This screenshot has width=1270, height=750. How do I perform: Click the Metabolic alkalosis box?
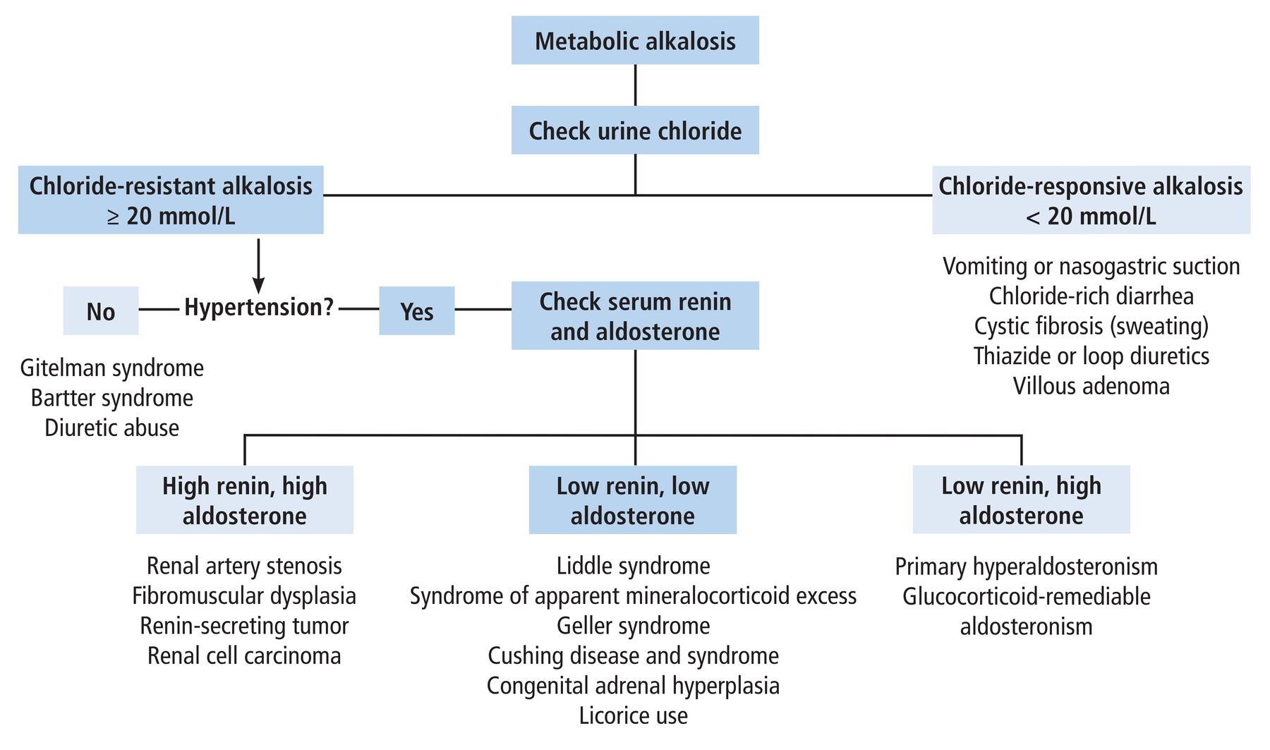(635, 40)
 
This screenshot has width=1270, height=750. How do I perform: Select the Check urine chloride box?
(635, 130)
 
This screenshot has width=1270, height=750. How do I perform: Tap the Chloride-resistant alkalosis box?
(171, 200)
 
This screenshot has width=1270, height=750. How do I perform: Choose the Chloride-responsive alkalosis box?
(1091, 200)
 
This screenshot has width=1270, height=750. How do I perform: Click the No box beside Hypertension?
(101, 310)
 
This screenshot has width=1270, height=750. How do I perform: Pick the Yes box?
(417, 310)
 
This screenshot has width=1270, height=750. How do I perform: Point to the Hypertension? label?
(259, 308)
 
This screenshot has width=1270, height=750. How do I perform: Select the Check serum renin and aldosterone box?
(635, 315)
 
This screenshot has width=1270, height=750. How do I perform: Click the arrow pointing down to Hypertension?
(258, 266)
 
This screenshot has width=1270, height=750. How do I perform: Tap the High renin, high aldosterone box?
(245, 500)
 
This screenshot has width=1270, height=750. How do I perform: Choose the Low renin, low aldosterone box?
(633, 500)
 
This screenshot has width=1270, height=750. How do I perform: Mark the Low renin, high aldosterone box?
(1022, 500)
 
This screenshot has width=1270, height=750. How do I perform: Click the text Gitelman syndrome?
(112, 368)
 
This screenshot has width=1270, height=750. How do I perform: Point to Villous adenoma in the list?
(1091, 386)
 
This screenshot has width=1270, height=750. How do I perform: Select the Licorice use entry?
(634, 715)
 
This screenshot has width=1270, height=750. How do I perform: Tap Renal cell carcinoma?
(244, 655)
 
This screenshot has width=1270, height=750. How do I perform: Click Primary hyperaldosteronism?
(1027, 567)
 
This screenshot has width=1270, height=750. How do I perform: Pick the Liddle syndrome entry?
(634, 566)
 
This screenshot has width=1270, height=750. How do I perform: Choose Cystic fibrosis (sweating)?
(1091, 326)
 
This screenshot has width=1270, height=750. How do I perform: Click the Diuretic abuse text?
(112, 428)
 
